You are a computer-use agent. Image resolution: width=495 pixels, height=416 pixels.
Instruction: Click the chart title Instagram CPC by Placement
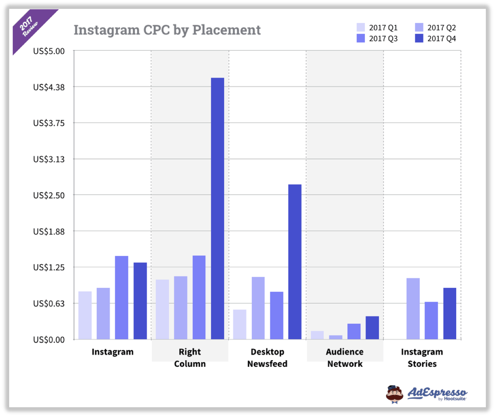tap(167, 30)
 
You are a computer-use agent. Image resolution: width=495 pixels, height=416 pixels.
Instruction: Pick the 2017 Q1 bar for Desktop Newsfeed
tap(239, 324)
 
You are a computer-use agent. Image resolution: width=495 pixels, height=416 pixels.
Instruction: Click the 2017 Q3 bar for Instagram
tap(121, 297)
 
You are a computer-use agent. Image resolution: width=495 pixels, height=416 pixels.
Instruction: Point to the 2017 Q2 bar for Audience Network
tap(335, 337)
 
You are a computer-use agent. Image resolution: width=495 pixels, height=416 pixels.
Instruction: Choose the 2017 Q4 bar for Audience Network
tap(372, 328)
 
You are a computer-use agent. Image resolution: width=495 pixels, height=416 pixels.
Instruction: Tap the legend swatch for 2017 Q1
tap(361, 28)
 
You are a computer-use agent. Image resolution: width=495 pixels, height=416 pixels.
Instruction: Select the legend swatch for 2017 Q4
tap(419, 38)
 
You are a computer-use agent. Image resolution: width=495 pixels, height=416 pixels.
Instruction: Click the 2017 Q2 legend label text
tap(441, 28)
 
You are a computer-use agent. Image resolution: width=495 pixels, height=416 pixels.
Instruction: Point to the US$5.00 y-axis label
tap(49, 51)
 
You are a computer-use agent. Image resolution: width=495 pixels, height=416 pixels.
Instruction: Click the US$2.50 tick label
tap(49, 195)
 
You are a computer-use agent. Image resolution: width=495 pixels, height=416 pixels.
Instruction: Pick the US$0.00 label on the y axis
tap(49, 340)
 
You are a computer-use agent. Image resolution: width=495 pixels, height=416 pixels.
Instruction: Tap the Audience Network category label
tap(345, 358)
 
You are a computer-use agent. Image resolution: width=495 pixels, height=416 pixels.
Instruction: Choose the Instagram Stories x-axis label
tap(422, 358)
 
